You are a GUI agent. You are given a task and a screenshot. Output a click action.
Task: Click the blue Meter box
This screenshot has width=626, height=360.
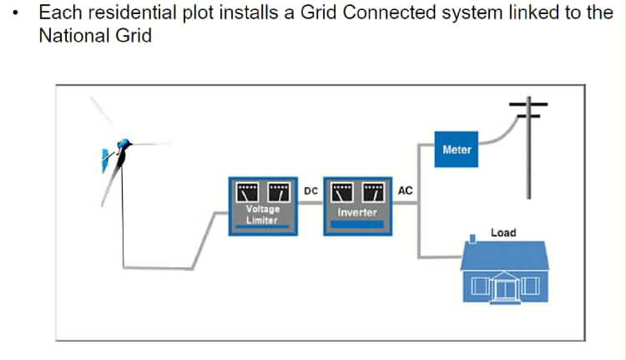(x=457, y=150)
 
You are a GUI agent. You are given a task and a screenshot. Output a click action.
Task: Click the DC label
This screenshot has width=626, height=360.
(x=310, y=191)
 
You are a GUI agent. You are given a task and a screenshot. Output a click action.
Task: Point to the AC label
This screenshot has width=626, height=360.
(x=406, y=191)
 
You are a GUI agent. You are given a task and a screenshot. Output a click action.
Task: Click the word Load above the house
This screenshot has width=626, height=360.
(x=503, y=232)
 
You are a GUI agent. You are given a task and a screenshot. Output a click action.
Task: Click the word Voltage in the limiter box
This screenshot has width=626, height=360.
(x=262, y=210)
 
